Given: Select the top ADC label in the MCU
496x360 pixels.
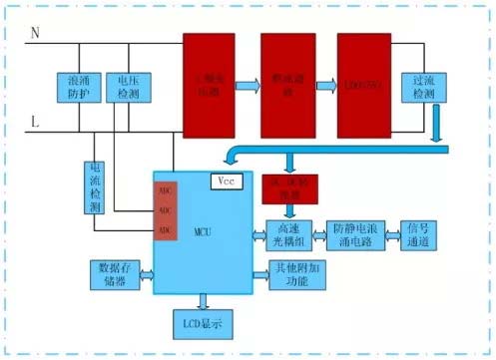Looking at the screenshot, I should click(167, 190).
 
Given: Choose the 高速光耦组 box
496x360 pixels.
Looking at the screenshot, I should click(289, 235).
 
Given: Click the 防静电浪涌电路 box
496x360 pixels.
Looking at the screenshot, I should click(355, 235).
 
